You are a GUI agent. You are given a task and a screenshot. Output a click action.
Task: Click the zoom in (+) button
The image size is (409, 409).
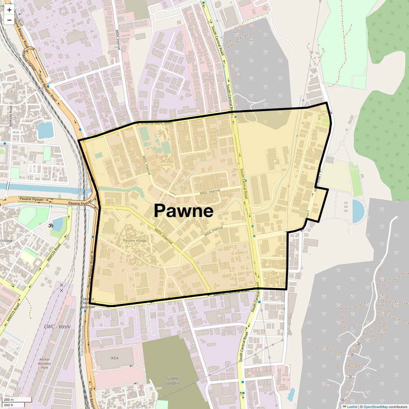tap(9, 10)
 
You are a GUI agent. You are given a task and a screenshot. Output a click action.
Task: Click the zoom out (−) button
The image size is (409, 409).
tap(9, 20)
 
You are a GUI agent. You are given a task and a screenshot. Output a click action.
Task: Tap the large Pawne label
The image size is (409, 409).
tap(184, 211)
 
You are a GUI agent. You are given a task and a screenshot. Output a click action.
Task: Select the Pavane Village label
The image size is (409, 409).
tap(135, 241)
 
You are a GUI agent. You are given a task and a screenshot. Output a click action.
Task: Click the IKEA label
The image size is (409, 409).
tap(115, 358)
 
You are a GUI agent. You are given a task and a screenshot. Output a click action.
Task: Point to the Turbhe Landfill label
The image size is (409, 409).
tap(172, 381)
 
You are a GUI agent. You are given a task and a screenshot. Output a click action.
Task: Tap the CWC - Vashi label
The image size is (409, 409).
tap(57, 327)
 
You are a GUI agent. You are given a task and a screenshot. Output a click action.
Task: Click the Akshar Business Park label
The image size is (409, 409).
tap(44, 363)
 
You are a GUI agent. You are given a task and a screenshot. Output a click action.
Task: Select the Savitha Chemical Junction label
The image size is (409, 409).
tap(88, 303)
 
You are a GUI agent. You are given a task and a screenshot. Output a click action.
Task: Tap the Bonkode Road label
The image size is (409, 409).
tap(11, 116)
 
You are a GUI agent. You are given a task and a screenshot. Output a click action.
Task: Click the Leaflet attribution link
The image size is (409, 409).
tap(352, 407)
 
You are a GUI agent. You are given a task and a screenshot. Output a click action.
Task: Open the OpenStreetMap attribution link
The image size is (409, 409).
tap(375, 407)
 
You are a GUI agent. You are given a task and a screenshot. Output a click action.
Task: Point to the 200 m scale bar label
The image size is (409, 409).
tap(9, 400)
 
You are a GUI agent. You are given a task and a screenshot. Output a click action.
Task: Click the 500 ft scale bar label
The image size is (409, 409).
tap(9, 405)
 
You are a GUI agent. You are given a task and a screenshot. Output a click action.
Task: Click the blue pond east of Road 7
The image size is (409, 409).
tap(358, 211)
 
